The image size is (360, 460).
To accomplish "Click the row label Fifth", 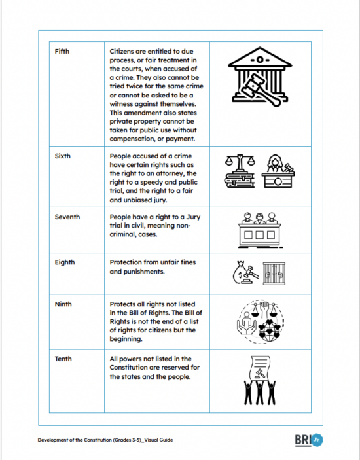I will pos(62,52).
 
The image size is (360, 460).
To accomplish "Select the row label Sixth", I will pos(63,156).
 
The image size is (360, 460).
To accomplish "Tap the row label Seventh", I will pos(67,217).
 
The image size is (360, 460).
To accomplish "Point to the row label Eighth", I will pos(65,262).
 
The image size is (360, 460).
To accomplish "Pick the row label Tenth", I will pos(63,359).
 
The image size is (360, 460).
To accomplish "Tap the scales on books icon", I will pos(240,172).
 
